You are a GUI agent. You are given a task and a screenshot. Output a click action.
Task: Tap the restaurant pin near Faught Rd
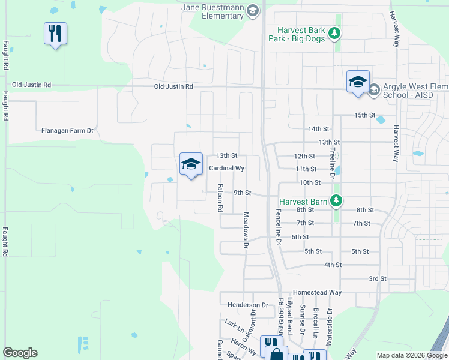coord(55,34)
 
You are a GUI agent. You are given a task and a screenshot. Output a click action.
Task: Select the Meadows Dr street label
coord(246,230)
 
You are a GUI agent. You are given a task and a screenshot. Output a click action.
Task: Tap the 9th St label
coord(242,193)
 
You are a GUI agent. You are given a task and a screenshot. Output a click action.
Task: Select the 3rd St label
coord(377,278)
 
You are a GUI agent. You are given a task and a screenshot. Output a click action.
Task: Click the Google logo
coord(20,353)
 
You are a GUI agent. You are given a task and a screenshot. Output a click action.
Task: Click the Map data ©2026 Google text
coord(411,355)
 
